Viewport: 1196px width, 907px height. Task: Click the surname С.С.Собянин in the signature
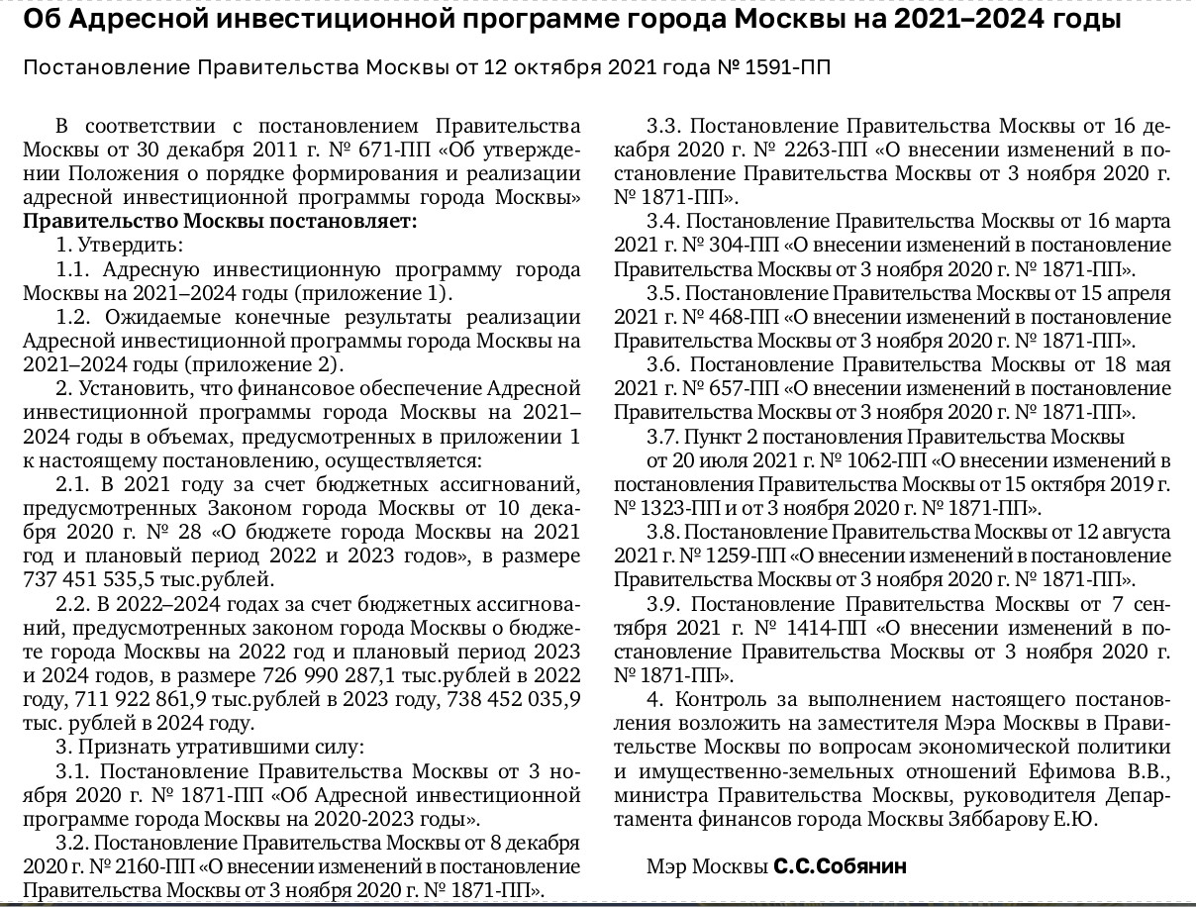840,866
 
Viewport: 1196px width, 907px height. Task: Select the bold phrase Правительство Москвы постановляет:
220,221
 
